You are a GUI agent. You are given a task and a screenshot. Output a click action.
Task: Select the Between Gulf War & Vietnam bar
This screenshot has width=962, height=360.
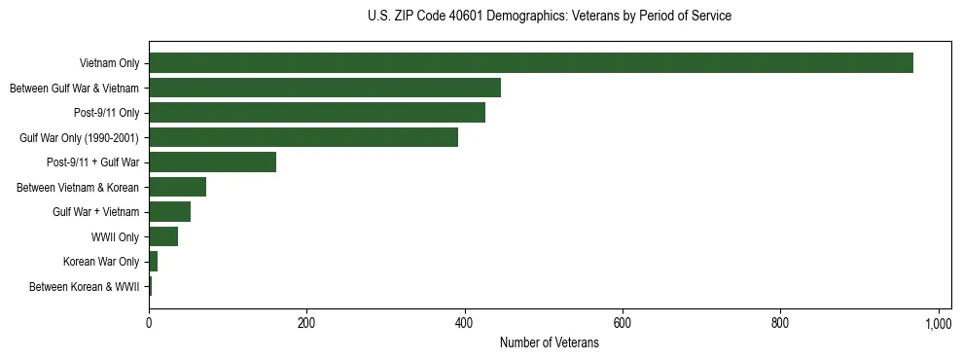325,88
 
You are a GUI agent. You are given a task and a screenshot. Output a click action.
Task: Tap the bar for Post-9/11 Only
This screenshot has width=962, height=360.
317,113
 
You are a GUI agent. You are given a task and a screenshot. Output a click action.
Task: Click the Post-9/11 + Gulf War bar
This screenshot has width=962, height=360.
212,162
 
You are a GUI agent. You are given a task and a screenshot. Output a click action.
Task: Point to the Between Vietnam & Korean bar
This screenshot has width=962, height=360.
177,187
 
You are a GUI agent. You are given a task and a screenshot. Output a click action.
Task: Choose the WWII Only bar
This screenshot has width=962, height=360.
163,236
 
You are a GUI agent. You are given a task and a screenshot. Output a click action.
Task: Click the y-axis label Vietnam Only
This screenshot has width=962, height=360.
109,64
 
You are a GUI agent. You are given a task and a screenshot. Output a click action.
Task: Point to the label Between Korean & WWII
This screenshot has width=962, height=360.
84,287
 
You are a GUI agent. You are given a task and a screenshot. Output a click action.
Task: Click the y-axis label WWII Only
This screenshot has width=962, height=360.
115,237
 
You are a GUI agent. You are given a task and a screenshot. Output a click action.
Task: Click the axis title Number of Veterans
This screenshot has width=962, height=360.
549,342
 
